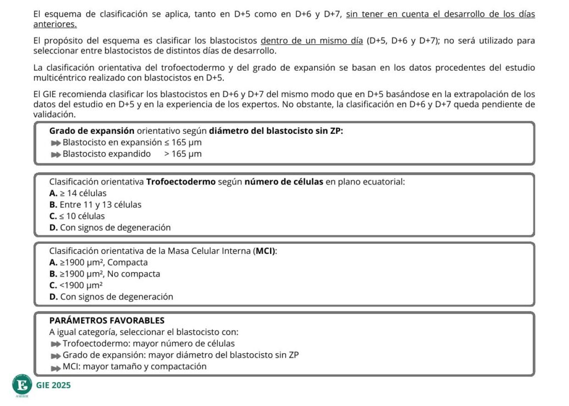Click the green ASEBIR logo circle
[22, 385]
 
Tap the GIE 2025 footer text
[53, 385]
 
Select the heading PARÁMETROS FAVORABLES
[107, 320]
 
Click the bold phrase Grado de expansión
[92, 131]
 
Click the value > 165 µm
[183, 154]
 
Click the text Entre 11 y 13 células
[100, 204]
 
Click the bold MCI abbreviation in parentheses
[264, 251]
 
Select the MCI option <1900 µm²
[81, 285]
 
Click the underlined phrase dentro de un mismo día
[312, 41]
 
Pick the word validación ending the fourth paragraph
[54, 114]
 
